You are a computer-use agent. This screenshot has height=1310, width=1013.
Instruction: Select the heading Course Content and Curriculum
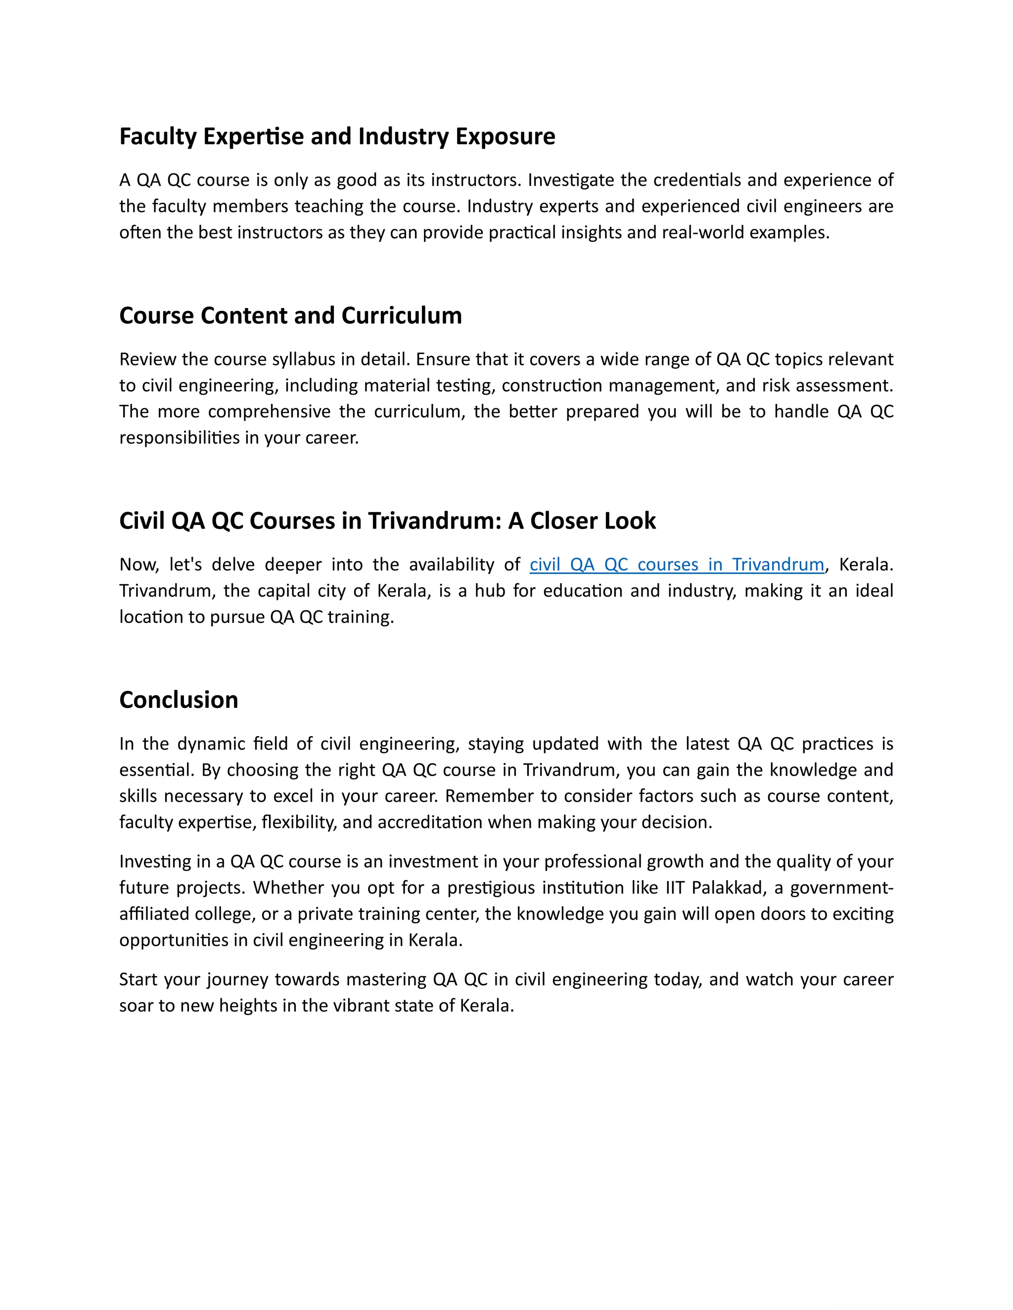(290, 316)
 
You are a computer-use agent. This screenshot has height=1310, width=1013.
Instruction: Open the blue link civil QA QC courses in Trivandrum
(676, 565)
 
